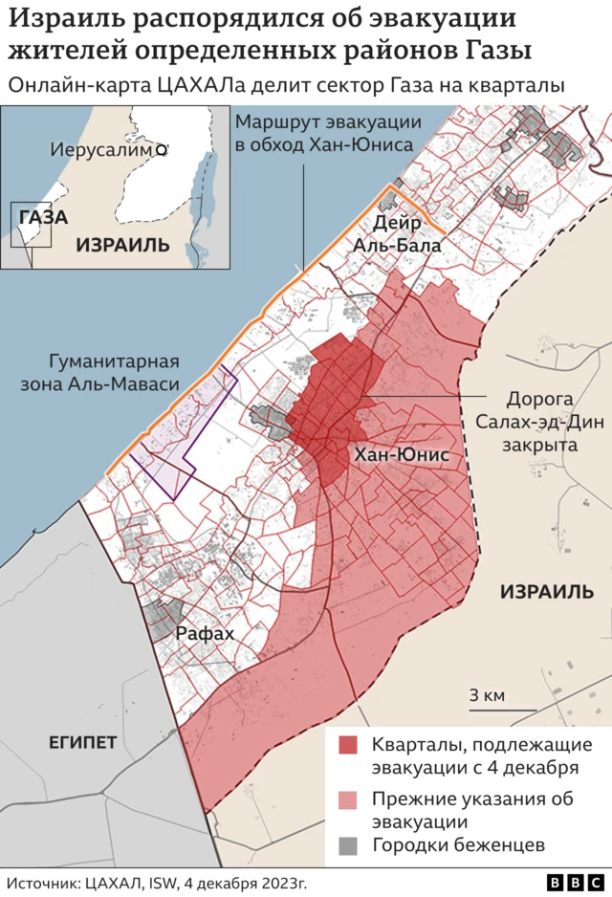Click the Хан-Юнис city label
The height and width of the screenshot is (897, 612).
coord(401,455)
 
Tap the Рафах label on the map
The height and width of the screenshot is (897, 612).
coord(206,632)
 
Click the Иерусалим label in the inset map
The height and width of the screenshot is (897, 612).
coord(102,151)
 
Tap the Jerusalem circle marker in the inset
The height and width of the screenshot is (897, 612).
coord(162,150)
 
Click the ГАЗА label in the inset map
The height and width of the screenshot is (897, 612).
coord(43,217)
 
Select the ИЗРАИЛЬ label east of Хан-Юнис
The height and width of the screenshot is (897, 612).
coord(547,591)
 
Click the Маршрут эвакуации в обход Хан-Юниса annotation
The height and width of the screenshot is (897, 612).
coord(324,134)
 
